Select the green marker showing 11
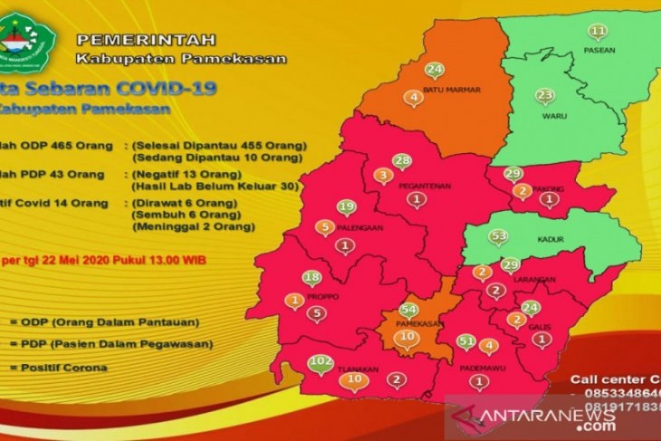(598, 33)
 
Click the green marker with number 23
(544, 96)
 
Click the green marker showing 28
(402, 161)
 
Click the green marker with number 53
(497, 237)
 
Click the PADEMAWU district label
(479, 368)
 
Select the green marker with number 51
(466, 341)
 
